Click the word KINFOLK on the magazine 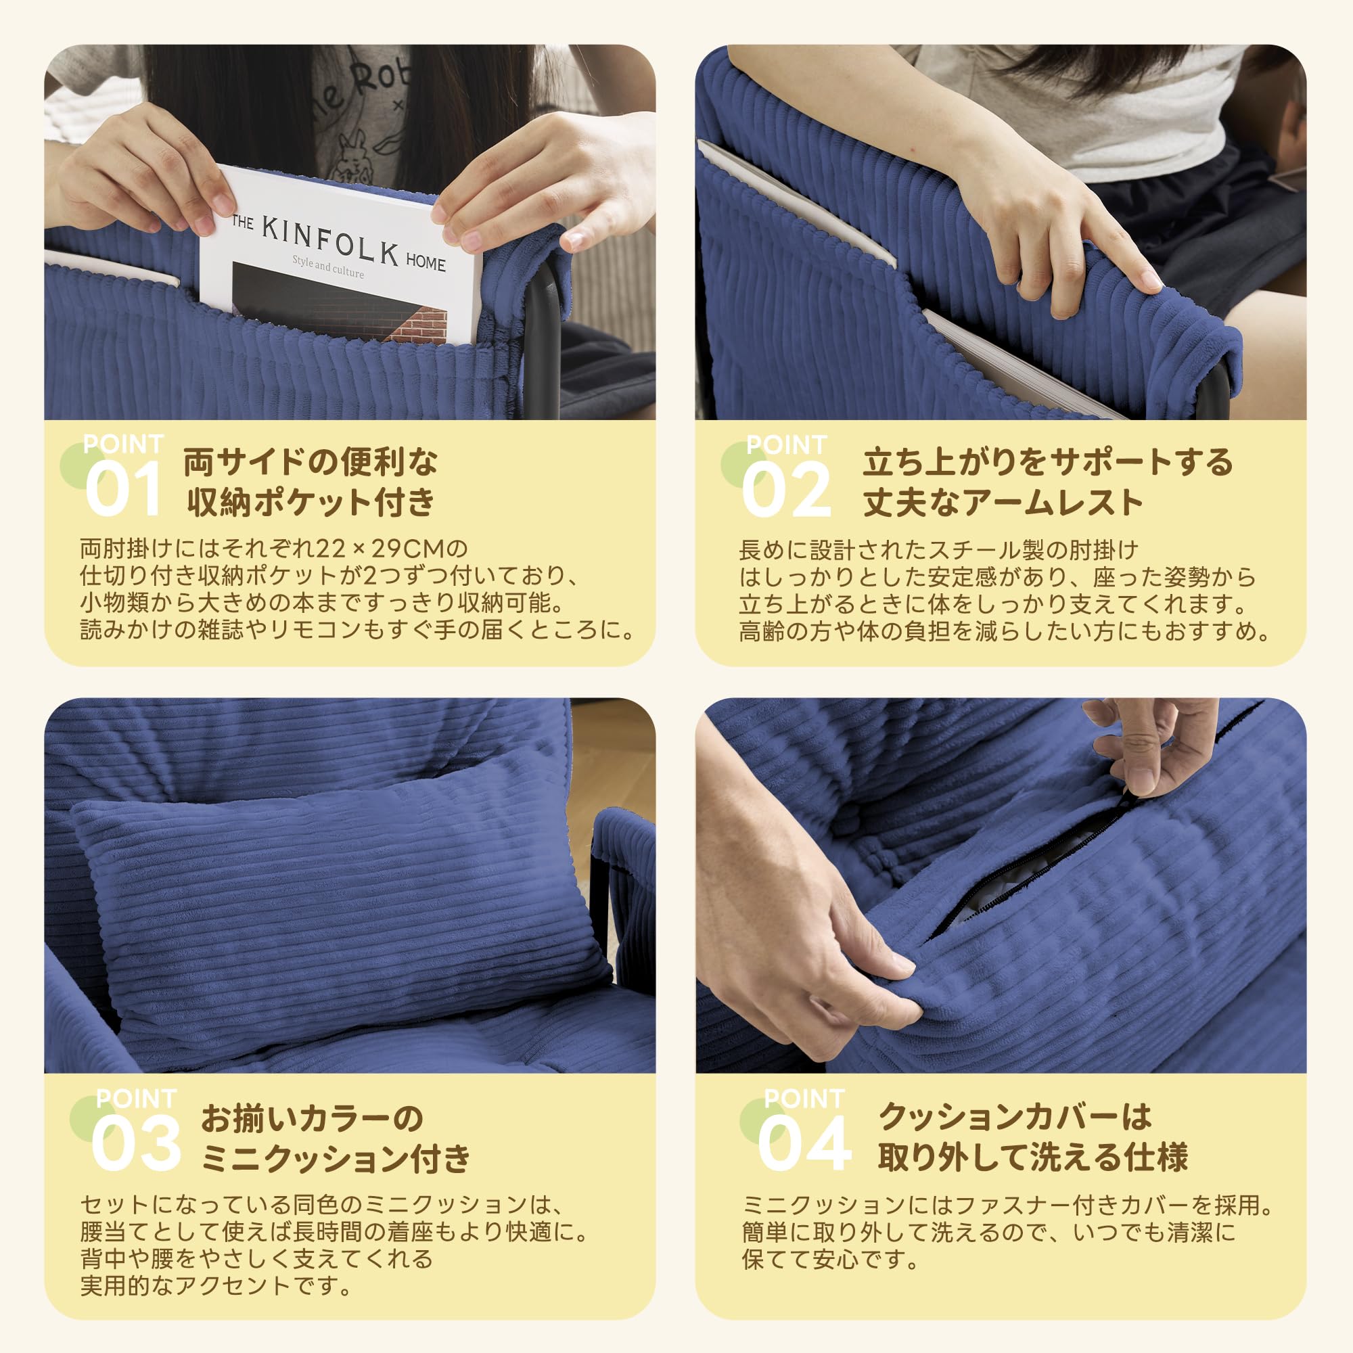tap(330, 242)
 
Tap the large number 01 tap(123, 490)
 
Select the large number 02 tap(785, 490)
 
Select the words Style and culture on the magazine tap(327, 267)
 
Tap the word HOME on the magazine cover tap(425, 262)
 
